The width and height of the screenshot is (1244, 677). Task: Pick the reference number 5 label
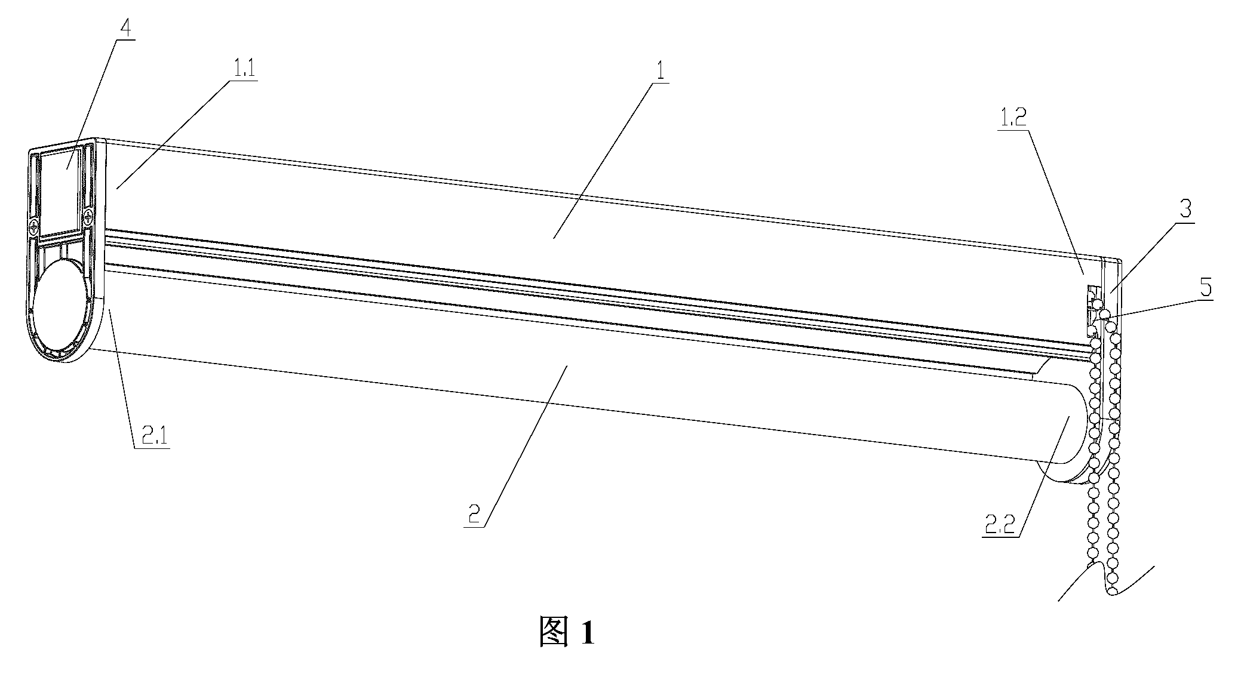click(x=1206, y=288)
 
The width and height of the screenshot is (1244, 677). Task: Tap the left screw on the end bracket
click(x=35, y=227)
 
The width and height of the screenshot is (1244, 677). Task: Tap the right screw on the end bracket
click(x=88, y=217)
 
